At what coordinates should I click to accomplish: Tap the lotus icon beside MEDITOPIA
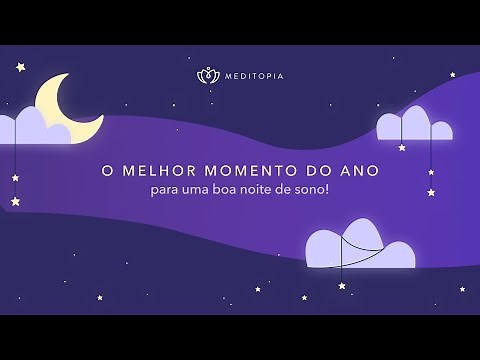click(x=207, y=76)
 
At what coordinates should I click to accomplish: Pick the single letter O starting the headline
click(x=106, y=171)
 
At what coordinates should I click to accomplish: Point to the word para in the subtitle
click(x=166, y=190)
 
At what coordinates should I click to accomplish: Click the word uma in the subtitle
click(x=197, y=190)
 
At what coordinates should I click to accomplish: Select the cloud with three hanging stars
click(x=413, y=126)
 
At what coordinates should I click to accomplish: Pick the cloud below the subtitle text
click(x=358, y=248)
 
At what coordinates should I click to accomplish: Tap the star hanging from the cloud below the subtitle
click(x=342, y=286)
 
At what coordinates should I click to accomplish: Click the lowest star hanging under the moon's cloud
click(x=15, y=201)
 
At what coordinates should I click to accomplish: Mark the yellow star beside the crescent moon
click(x=20, y=67)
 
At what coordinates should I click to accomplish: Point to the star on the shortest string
click(x=402, y=147)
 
